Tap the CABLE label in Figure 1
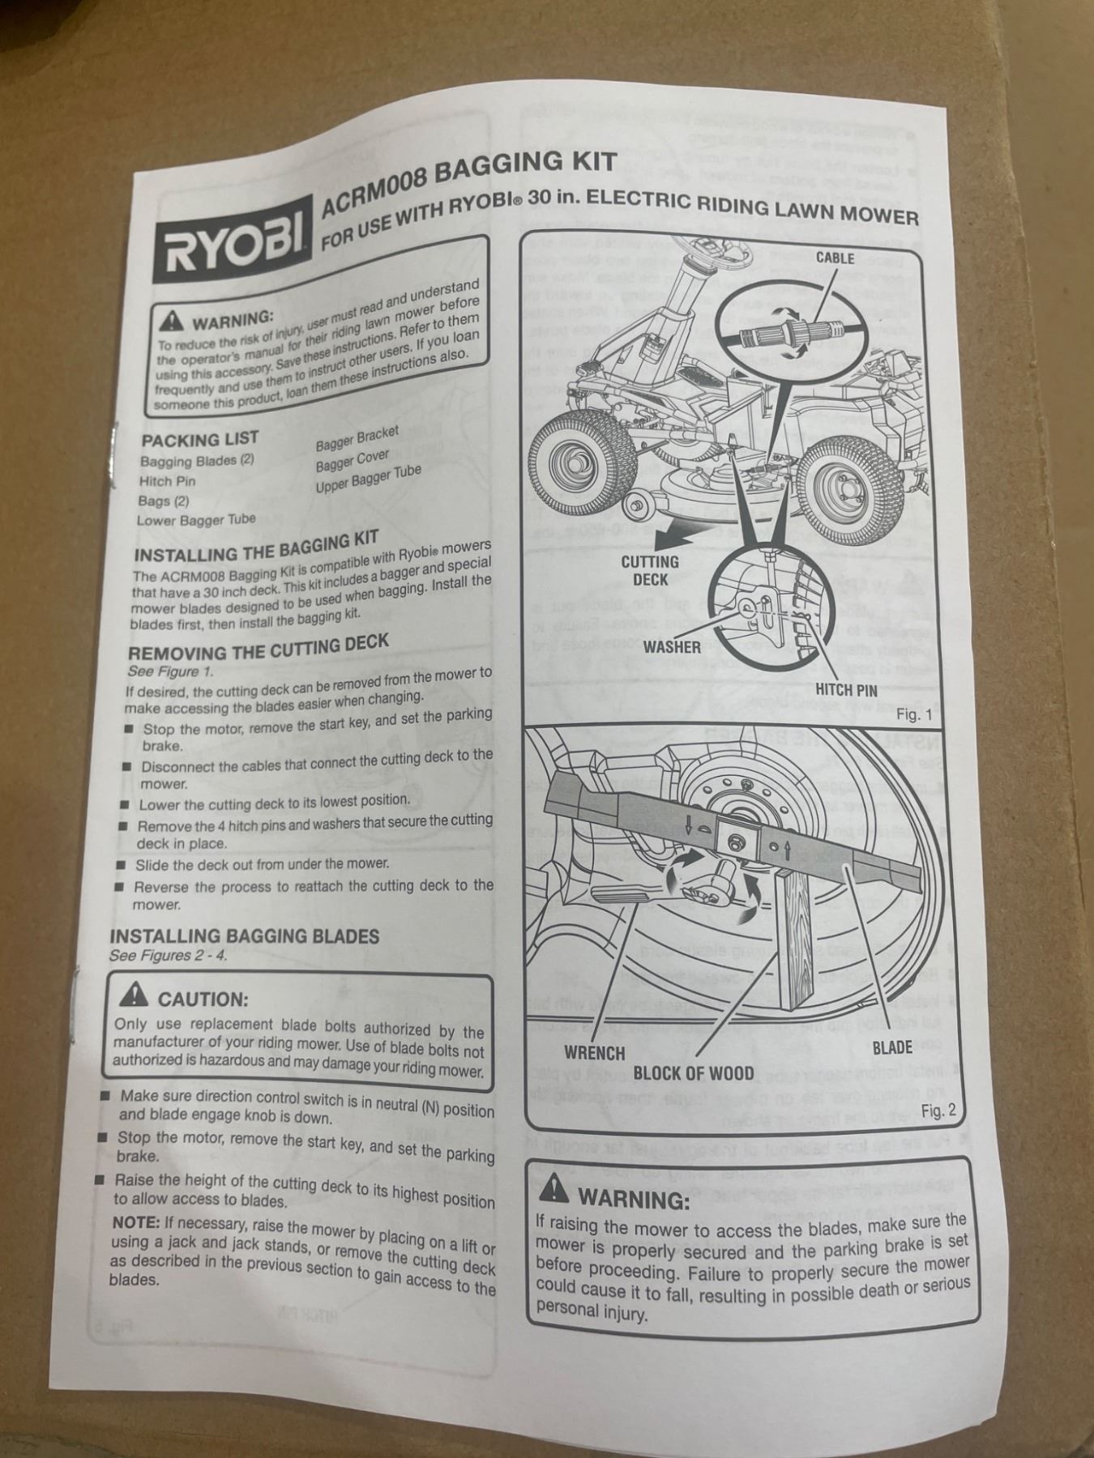coord(835,258)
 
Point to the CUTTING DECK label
coord(650,570)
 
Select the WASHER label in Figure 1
coord(672,646)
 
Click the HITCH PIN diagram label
coord(846,689)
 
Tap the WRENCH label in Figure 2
coord(595,1053)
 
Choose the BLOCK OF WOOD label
coord(693,1073)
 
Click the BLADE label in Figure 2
coord(892,1047)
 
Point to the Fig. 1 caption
coord(914,714)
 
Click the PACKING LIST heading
coord(199,439)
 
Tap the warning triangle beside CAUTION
coord(135,995)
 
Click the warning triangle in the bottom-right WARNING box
coord(553,1188)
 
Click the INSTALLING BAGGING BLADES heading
coord(244,936)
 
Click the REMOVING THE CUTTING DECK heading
coord(259,646)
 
